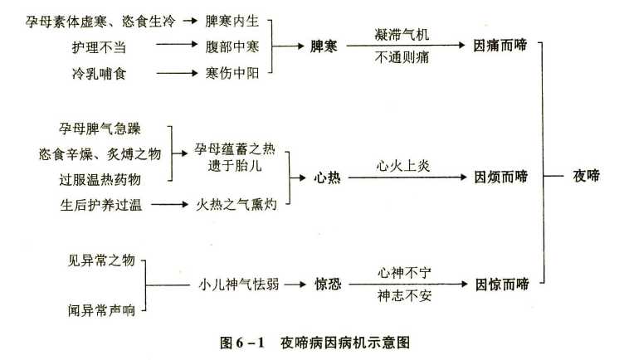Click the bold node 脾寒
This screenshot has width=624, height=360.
[324, 46]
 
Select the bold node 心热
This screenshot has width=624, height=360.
[327, 178]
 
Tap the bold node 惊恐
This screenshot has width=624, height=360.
[328, 285]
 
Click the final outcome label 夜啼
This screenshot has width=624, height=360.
[586, 175]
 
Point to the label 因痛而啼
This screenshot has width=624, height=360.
[500, 46]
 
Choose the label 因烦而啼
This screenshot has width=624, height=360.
[501, 177]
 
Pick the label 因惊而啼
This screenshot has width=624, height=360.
[502, 285]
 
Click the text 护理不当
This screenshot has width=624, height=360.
[99, 47]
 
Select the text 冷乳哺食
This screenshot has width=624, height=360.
[99, 74]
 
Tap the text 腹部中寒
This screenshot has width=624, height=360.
[232, 46]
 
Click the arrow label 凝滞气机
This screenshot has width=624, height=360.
[402, 35]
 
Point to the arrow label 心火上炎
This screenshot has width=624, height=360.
[403, 165]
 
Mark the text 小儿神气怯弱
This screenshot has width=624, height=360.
[239, 285]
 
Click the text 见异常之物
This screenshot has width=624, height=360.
[101, 260]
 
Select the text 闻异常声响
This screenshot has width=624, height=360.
[101, 310]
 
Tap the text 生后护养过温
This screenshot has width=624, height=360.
[101, 205]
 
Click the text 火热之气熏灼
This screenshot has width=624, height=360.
[236, 205]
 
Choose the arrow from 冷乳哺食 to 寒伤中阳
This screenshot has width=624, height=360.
[177, 73]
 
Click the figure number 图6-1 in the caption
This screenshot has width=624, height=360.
[242, 342]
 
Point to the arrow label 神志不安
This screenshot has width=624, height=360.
[404, 296]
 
